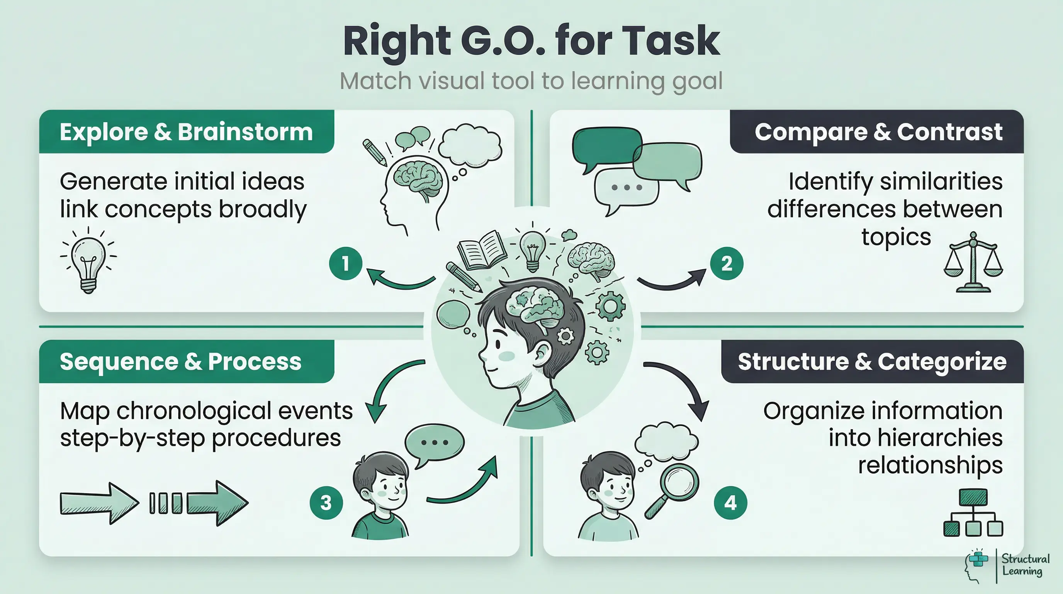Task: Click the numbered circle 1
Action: pos(345,263)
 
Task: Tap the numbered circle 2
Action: pos(726,263)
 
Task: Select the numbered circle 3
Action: pos(326,503)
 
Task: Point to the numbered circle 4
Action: pos(730,503)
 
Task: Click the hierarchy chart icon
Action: pos(973,513)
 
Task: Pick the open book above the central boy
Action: pos(482,250)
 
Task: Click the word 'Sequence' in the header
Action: pos(119,362)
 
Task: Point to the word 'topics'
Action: pos(896,237)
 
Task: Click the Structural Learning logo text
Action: pos(1026,565)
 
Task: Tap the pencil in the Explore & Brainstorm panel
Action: pos(374,152)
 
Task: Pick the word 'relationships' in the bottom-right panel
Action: pos(930,465)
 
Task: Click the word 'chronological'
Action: pos(193,411)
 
